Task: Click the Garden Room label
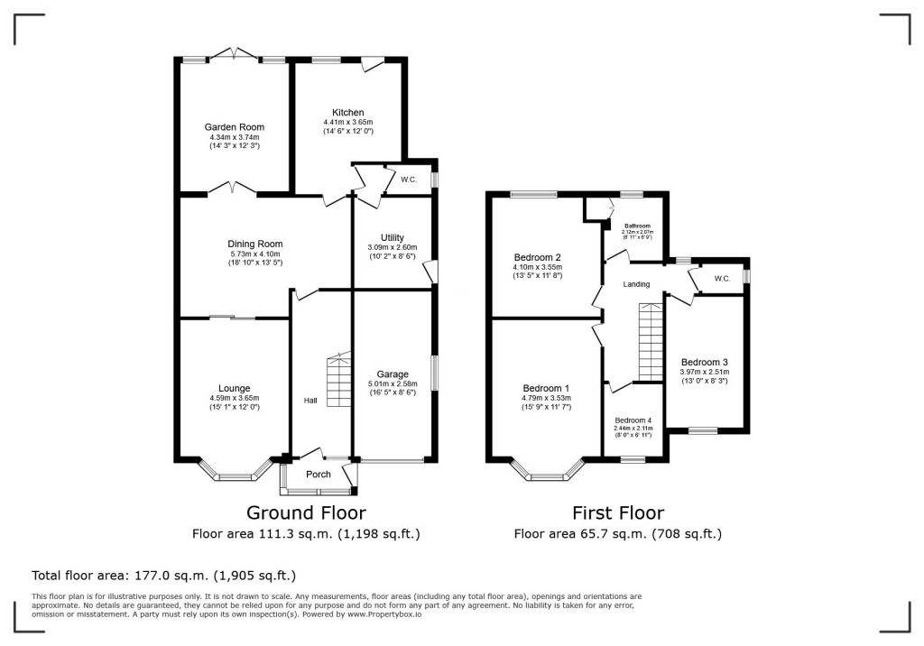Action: click(x=234, y=127)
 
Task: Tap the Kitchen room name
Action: click(x=347, y=113)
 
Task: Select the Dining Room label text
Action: click(x=255, y=244)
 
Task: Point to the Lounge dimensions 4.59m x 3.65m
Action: click(x=234, y=398)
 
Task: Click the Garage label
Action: click(x=393, y=374)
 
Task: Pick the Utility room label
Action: click(x=379, y=236)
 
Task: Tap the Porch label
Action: click(x=319, y=475)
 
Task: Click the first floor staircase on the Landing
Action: click(x=651, y=343)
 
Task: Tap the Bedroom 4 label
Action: click(x=633, y=420)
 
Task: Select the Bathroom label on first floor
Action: click(x=638, y=226)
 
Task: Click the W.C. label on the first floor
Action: click(x=722, y=278)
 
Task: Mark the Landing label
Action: click(x=635, y=284)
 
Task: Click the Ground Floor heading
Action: click(x=306, y=513)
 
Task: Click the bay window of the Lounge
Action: click(x=234, y=474)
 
